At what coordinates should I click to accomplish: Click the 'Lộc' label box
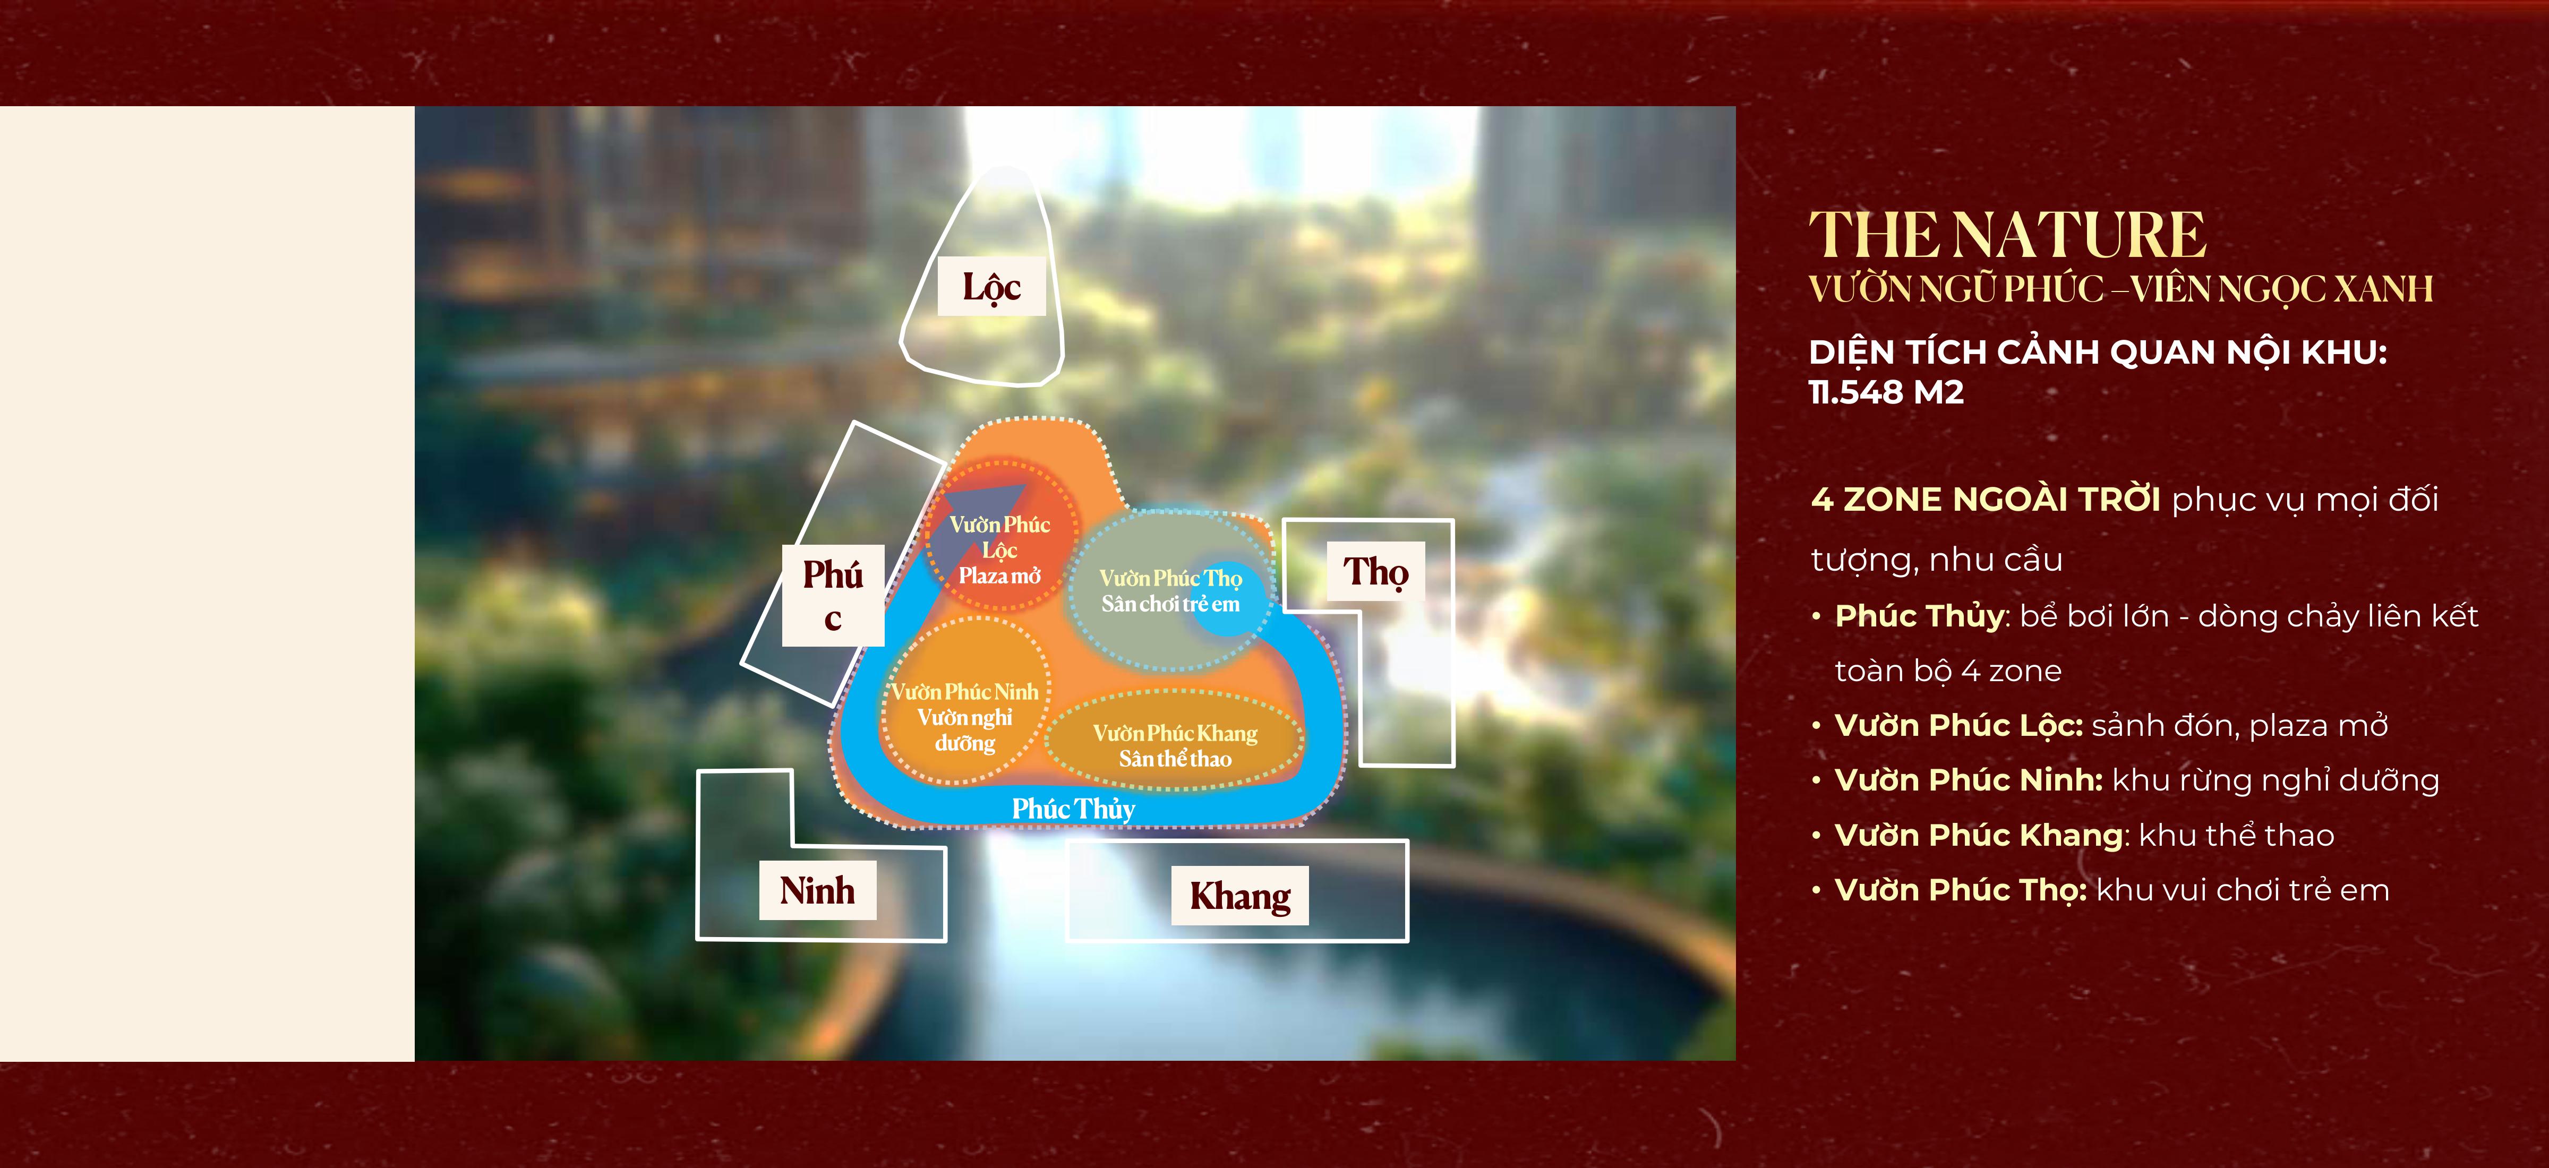[x=991, y=287]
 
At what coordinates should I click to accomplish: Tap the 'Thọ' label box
[x=1375, y=572]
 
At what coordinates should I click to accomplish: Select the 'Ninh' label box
[x=817, y=890]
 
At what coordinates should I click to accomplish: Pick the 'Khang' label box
[x=1240, y=896]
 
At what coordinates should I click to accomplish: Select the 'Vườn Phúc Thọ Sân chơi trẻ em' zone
[x=1170, y=590]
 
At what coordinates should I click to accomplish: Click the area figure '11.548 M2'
[x=1886, y=393]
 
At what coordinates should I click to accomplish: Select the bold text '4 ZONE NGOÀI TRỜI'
[x=1985, y=500]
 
